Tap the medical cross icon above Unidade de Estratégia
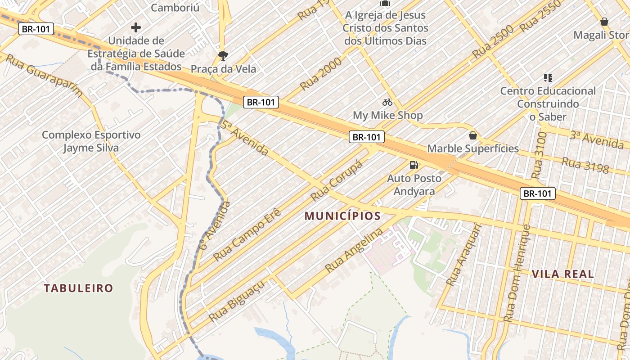pyautogui.click(x=135, y=27)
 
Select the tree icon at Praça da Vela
pyautogui.click(x=223, y=56)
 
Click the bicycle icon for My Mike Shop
pyautogui.click(x=387, y=102)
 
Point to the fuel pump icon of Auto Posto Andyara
pyautogui.click(x=414, y=165)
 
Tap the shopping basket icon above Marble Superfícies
pyautogui.click(x=473, y=135)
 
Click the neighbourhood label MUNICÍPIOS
pyautogui.click(x=342, y=216)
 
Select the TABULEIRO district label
pyautogui.click(x=78, y=288)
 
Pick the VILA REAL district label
pyautogui.click(x=562, y=274)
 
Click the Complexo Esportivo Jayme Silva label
pyautogui.click(x=91, y=141)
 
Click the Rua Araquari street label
pyautogui.click(x=464, y=255)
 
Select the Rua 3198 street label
pyautogui.click(x=585, y=166)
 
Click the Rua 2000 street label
pyautogui.click(x=321, y=74)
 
